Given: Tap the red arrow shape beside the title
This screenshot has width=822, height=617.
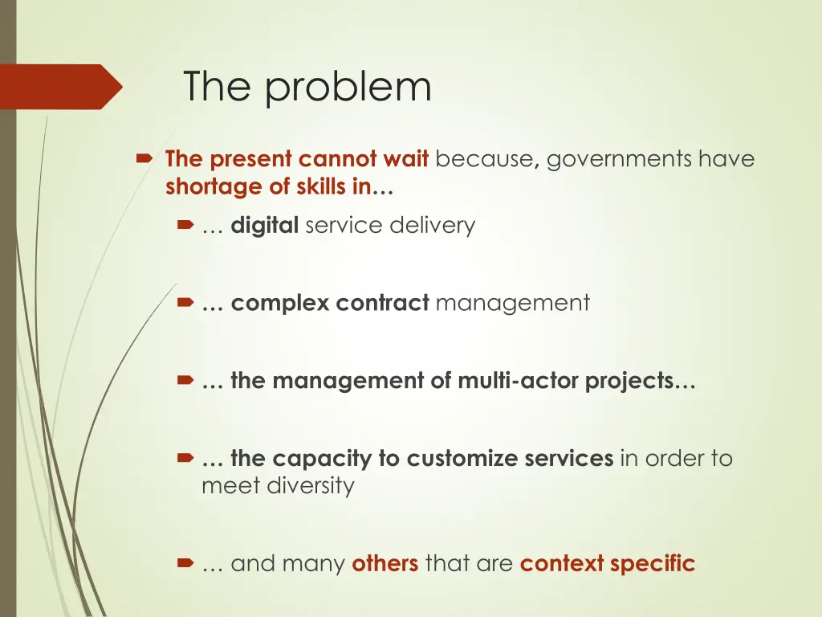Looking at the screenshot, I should coord(61,87).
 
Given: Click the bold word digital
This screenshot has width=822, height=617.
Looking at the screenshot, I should coord(265,226).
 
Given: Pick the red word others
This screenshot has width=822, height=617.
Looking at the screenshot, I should coord(385,564).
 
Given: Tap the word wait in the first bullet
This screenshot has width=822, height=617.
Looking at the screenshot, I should coord(407,159).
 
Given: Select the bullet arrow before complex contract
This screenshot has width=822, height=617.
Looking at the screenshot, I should coord(185,304).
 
